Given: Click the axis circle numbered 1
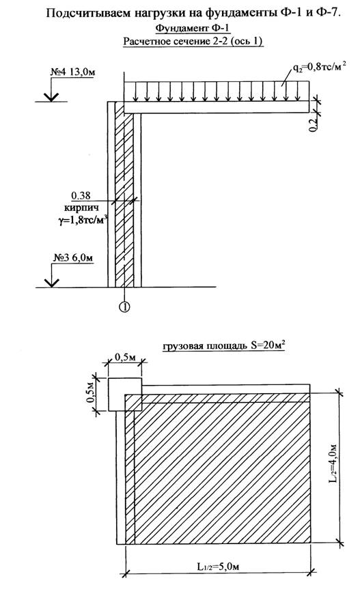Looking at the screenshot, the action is tap(125, 307).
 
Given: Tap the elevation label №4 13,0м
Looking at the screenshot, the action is tap(72, 72).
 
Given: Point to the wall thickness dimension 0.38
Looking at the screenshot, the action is tap(81, 196).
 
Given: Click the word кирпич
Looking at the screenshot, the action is tap(81, 208).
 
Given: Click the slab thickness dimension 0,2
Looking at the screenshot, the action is tap(313, 124).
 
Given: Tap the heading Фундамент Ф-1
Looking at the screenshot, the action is tap(193, 28).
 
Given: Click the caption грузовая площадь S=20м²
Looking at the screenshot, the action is tap(225, 346).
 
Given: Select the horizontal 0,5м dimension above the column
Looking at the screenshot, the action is tap(126, 359).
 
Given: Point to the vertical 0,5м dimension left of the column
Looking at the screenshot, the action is tap(91, 395).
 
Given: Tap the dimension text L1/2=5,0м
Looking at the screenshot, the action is tap(218, 567).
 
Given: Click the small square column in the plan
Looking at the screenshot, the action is tap(125, 395).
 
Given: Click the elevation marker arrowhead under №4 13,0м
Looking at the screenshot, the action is tap(51, 97).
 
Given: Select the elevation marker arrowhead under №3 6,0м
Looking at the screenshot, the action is tap(51, 283).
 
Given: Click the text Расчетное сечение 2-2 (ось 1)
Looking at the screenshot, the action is tap(193, 41).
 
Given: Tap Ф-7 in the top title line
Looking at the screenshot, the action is tap(327, 12).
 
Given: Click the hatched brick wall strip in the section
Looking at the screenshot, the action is tap(124, 195).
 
